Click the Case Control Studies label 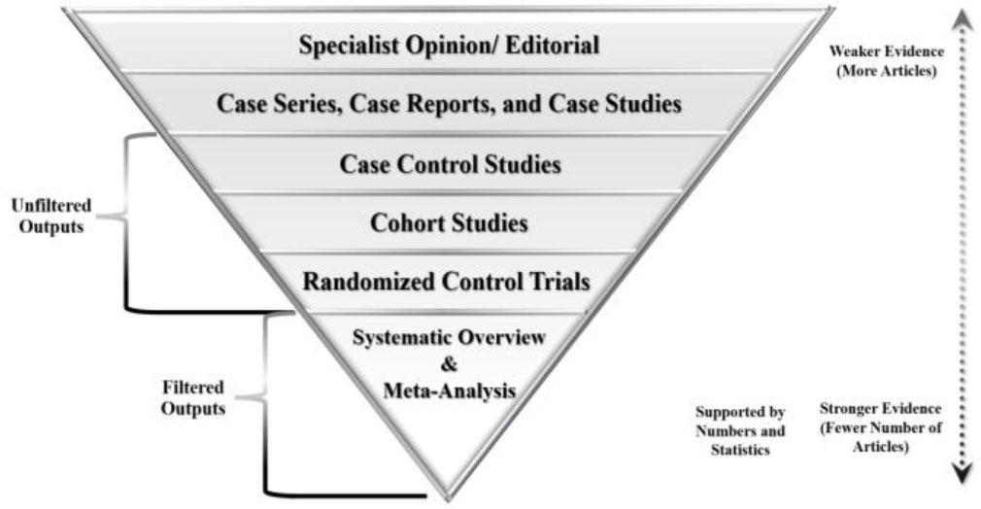450,164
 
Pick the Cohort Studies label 449,223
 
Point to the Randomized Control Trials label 446,282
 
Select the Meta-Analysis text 448,390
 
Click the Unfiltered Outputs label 51,216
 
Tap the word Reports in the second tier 431,103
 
